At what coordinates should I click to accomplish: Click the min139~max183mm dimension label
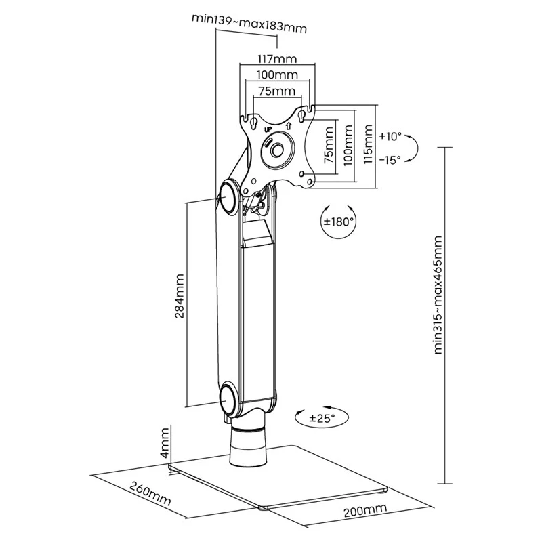coord(249,23)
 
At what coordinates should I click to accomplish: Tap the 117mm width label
coord(277,59)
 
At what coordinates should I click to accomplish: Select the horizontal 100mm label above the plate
coord(277,75)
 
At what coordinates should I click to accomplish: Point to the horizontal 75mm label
coord(277,91)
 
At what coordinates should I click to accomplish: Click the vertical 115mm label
coord(368,144)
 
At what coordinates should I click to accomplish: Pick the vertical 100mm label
coord(348,145)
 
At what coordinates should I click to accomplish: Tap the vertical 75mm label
coord(329,145)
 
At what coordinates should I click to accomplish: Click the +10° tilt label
coord(390,136)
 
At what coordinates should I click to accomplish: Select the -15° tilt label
coord(390,160)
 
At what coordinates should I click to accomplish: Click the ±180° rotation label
coord(339,222)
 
